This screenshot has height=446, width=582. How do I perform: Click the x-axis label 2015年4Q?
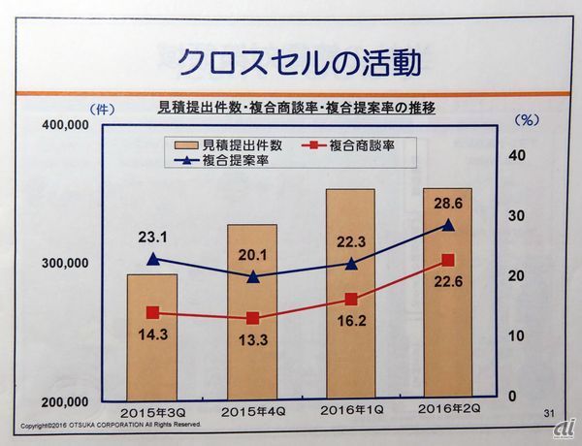[252, 411]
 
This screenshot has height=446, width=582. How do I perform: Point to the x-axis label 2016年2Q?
[449, 411]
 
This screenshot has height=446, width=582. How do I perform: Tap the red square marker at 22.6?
[448, 260]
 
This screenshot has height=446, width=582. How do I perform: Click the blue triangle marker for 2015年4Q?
[252, 276]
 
